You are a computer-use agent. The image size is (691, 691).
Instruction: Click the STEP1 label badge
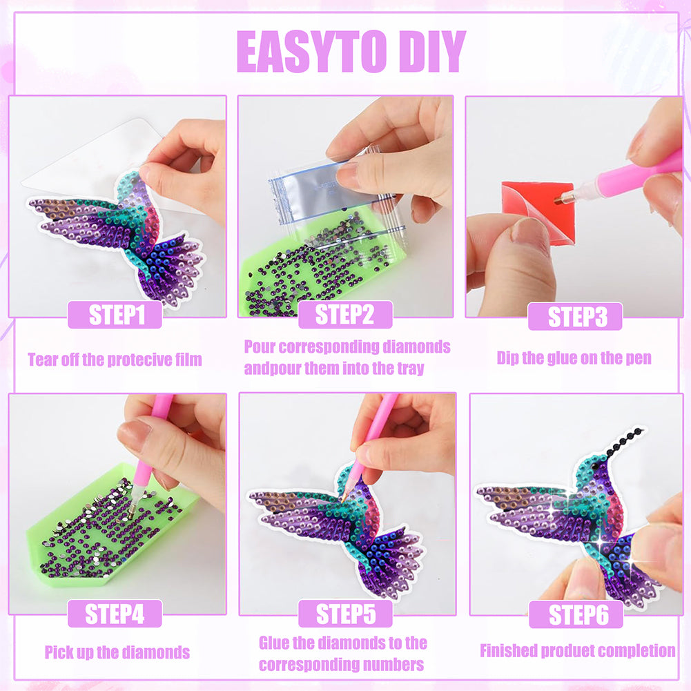[115, 315]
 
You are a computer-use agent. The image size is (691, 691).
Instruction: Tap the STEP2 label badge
[345, 315]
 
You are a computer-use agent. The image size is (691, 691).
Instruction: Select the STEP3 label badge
[575, 316]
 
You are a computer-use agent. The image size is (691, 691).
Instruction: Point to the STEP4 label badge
[115, 614]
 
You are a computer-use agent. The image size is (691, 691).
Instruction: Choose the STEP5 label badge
[345, 614]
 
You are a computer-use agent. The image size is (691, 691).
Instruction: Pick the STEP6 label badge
[576, 614]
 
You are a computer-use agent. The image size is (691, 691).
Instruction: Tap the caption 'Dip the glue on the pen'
[574, 358]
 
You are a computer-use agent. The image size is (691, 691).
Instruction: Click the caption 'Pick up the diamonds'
[117, 652]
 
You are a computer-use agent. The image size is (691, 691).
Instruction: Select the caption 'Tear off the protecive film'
[115, 360]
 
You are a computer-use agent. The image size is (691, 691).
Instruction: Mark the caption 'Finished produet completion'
[577, 651]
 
